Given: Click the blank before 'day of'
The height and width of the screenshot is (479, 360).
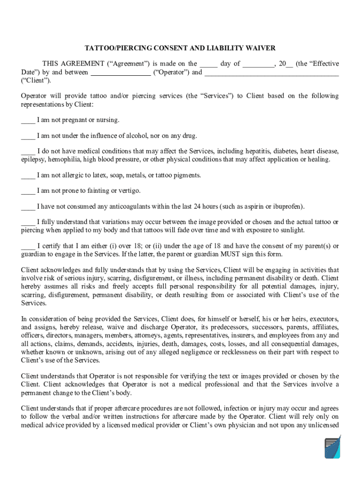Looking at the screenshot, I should click(209, 64).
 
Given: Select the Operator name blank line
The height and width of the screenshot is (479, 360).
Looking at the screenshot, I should click(120, 73).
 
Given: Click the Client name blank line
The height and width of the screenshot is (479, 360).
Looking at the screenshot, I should click(272, 73).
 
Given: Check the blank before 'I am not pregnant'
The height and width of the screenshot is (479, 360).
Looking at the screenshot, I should click(28, 120).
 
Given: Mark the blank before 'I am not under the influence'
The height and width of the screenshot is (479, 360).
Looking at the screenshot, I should click(28, 136).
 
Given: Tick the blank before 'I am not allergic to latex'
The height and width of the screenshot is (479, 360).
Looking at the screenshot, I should click(28, 176).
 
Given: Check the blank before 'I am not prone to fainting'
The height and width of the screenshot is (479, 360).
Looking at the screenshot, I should click(28, 191).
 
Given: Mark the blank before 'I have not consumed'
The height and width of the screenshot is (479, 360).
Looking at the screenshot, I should click(28, 207).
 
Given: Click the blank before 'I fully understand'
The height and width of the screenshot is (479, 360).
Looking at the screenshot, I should click(28, 222).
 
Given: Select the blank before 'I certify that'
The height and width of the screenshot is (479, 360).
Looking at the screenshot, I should click(28, 246).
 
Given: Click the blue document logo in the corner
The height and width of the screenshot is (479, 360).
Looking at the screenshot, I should click(332, 447).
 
